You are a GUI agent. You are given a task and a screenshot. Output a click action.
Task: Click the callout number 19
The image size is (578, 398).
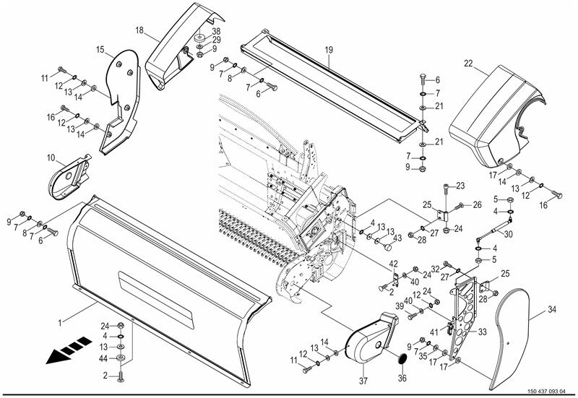point(329,50)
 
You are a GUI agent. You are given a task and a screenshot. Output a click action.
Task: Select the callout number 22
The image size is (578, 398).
point(468,64)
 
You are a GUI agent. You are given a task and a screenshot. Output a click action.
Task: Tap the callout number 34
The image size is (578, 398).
point(551,310)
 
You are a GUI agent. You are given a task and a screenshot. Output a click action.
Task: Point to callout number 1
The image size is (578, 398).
point(60,323)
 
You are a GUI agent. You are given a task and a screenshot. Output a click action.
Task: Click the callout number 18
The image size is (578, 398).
point(139,30)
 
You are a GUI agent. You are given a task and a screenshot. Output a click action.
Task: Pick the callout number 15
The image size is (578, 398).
point(100,49)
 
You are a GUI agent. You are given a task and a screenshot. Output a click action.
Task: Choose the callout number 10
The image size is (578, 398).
point(51,158)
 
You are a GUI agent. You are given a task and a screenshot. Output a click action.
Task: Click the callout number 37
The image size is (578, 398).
point(363,381)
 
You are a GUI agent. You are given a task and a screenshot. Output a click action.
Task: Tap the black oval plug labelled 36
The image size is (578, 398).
point(402,358)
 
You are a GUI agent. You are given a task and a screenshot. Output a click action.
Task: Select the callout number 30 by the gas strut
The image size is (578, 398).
point(508,234)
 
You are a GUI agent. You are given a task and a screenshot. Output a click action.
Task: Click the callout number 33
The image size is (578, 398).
point(482,332)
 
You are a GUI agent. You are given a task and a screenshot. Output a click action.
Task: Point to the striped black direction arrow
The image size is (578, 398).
point(69,350)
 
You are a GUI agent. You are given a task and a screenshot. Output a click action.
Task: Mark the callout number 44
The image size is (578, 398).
point(103,358)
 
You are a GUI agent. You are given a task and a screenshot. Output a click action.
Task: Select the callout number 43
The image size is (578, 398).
point(397,238)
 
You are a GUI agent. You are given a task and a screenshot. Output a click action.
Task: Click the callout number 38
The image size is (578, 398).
point(216,32)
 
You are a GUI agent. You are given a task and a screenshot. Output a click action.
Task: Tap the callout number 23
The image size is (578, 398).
point(460,186)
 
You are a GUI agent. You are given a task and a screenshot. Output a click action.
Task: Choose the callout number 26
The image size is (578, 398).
point(477,205)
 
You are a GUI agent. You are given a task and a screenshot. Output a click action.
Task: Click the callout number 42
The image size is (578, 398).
point(393,264)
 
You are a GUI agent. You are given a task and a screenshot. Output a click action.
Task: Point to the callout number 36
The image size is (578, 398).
point(402,378)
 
